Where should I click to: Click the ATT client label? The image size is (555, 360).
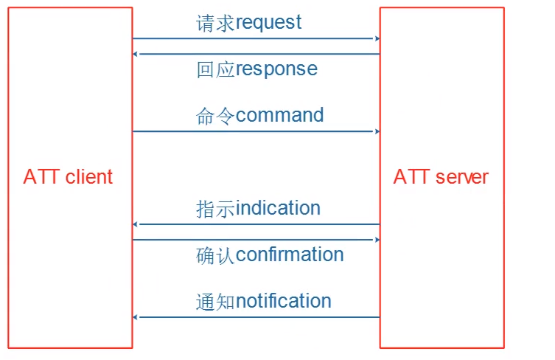tap(68, 177)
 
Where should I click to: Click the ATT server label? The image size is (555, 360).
tap(441, 177)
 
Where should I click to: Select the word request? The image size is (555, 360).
tap(268, 23)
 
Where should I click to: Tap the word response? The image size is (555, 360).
tap(276, 69)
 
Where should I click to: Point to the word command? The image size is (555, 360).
tap(279, 115)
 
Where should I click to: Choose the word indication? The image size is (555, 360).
tap(278, 208)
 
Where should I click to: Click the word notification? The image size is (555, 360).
tap(284, 301)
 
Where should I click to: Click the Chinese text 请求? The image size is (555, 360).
tap(215, 23)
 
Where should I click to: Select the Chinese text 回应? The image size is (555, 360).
tap(215, 69)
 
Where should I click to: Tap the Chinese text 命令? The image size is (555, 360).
tap(215, 116)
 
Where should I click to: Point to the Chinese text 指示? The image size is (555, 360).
tap(215, 209)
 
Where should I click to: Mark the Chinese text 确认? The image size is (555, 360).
tap(215, 255)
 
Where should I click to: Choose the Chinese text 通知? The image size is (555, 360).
tap(215, 302)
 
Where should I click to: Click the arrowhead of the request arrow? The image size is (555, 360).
tap(377, 38)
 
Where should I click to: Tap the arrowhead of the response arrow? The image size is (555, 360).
tap(136, 54)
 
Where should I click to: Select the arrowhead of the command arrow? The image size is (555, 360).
tap(377, 131)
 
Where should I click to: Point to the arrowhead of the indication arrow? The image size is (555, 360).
tap(136, 224)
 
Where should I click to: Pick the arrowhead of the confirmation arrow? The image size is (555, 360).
tap(377, 240)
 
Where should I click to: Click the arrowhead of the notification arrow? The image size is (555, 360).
tap(136, 317)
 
